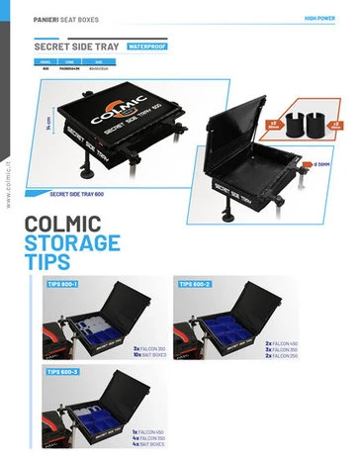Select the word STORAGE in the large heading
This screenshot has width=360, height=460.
(72, 243)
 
